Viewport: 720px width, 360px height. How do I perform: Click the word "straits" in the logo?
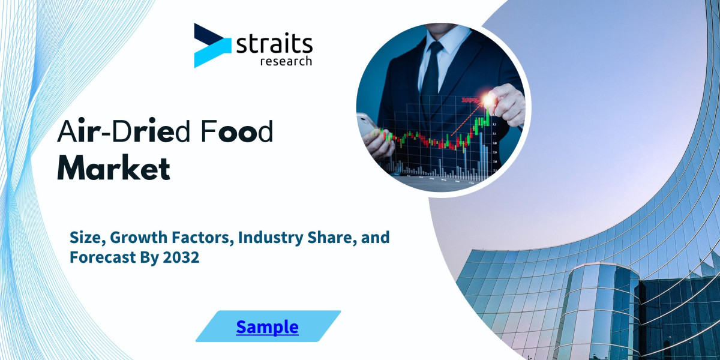(x=275, y=44)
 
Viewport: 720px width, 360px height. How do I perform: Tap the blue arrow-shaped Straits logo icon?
(x=211, y=45)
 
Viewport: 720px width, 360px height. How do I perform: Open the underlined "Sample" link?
(x=267, y=326)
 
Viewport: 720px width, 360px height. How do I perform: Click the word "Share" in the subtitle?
(x=341, y=238)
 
